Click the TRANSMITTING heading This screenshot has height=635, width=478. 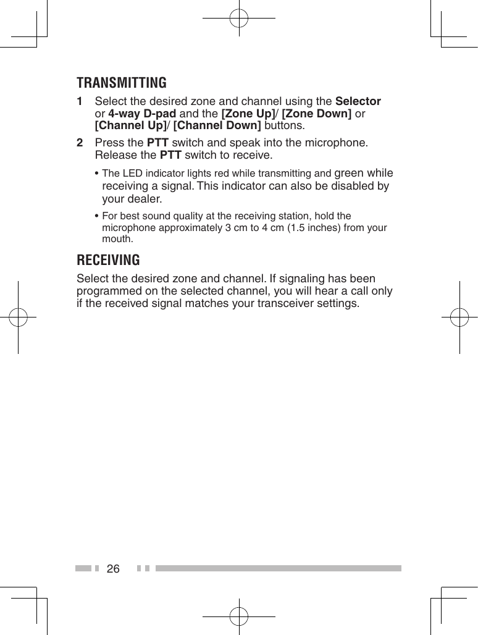tap(122, 83)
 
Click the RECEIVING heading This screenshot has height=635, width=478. tap(108, 259)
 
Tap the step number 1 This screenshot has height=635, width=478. tap(80, 101)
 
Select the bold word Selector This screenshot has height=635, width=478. tap(358, 101)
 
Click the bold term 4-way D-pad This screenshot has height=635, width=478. tap(142, 114)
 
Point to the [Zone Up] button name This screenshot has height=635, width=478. tap(248, 114)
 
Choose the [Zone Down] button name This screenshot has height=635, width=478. tap(317, 114)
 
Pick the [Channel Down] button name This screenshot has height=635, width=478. tap(217, 126)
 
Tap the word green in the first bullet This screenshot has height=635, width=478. tap(349, 173)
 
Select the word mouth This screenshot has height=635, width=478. tap(115, 238)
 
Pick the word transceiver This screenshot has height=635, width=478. tap(274, 304)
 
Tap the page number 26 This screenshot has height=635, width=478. tap(113, 568)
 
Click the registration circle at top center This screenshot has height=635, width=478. tap(239, 18)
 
